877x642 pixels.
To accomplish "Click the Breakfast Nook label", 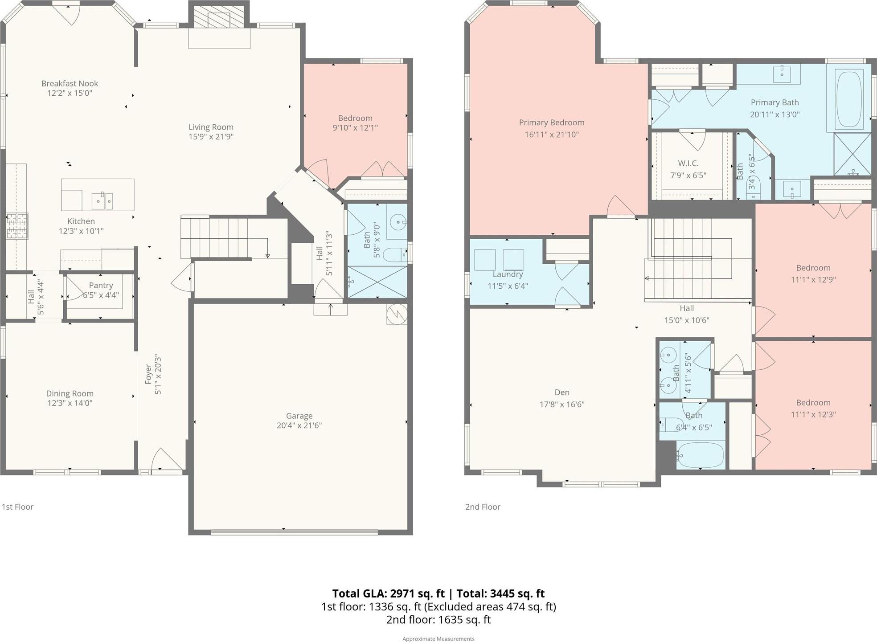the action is pyautogui.click(x=70, y=83).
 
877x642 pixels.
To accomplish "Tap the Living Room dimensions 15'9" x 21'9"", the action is pyautogui.click(x=211, y=137).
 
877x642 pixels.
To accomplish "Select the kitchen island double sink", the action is pyautogui.click(x=102, y=201).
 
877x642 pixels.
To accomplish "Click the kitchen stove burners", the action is pyautogui.click(x=17, y=226).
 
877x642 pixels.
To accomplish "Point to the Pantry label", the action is pyautogui.click(x=101, y=285).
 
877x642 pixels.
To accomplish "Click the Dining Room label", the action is pyautogui.click(x=70, y=393).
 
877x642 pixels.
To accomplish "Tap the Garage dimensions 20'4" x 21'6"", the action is pyautogui.click(x=299, y=425).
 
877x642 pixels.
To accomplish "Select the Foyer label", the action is pyautogui.click(x=148, y=374).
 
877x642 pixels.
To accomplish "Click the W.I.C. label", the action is pyautogui.click(x=688, y=164).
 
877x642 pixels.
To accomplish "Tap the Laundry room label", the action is pyautogui.click(x=508, y=274).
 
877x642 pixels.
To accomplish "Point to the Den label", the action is pyautogui.click(x=562, y=393).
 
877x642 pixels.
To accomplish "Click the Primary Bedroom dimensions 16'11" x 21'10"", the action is pyautogui.click(x=552, y=135).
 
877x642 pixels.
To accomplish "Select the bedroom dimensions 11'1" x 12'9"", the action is pyautogui.click(x=813, y=280).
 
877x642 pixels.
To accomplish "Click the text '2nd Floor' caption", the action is pyautogui.click(x=483, y=507).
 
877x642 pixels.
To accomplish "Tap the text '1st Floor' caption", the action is pyautogui.click(x=18, y=507).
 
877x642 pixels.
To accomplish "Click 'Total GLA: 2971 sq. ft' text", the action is pyautogui.click(x=389, y=593).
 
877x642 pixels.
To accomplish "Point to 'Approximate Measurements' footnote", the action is pyautogui.click(x=438, y=639).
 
